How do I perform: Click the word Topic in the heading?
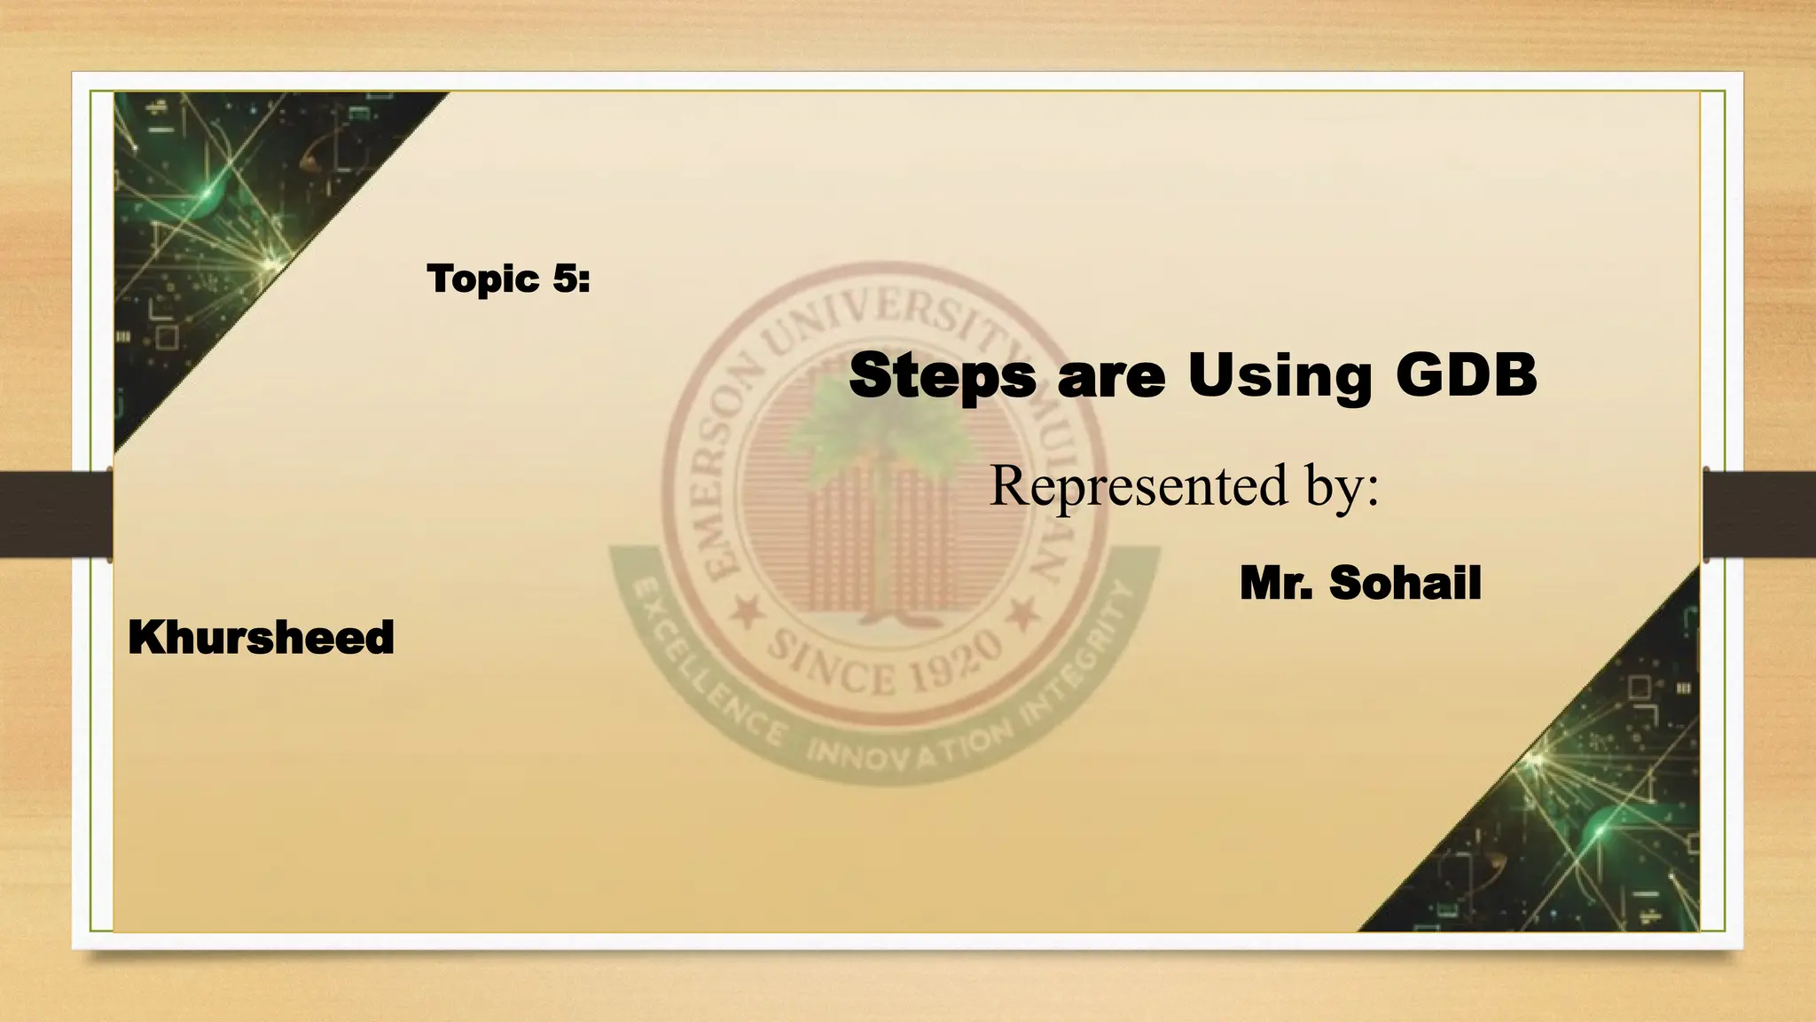[x=483, y=280]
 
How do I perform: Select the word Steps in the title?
[x=942, y=376]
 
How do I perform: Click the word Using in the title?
[x=1280, y=376]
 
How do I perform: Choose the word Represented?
[x=1139, y=485]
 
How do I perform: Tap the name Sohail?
[x=1405, y=583]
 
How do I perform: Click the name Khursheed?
[x=261, y=638]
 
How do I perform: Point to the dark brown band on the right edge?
[x=1760, y=515]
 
